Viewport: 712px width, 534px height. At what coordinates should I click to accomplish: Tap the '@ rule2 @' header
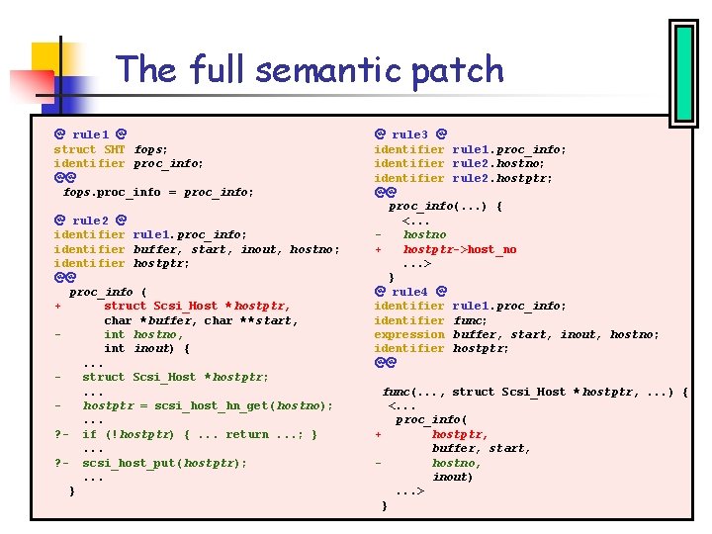(x=90, y=220)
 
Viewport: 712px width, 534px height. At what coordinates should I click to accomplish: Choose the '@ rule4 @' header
(x=410, y=292)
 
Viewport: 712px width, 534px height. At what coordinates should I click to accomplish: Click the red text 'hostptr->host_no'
(x=459, y=249)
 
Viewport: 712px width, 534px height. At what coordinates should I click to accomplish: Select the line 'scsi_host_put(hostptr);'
(x=164, y=463)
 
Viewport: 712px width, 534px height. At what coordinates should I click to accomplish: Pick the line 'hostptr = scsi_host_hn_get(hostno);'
(x=208, y=405)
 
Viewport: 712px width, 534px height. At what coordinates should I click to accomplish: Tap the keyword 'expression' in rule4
(x=408, y=334)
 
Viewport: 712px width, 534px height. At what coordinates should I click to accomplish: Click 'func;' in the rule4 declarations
(x=470, y=320)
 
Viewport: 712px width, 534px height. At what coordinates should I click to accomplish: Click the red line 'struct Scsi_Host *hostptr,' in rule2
(x=197, y=306)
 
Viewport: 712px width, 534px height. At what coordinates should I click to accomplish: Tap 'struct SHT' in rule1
(x=89, y=149)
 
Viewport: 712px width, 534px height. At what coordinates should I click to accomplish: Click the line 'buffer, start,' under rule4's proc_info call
(x=482, y=448)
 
